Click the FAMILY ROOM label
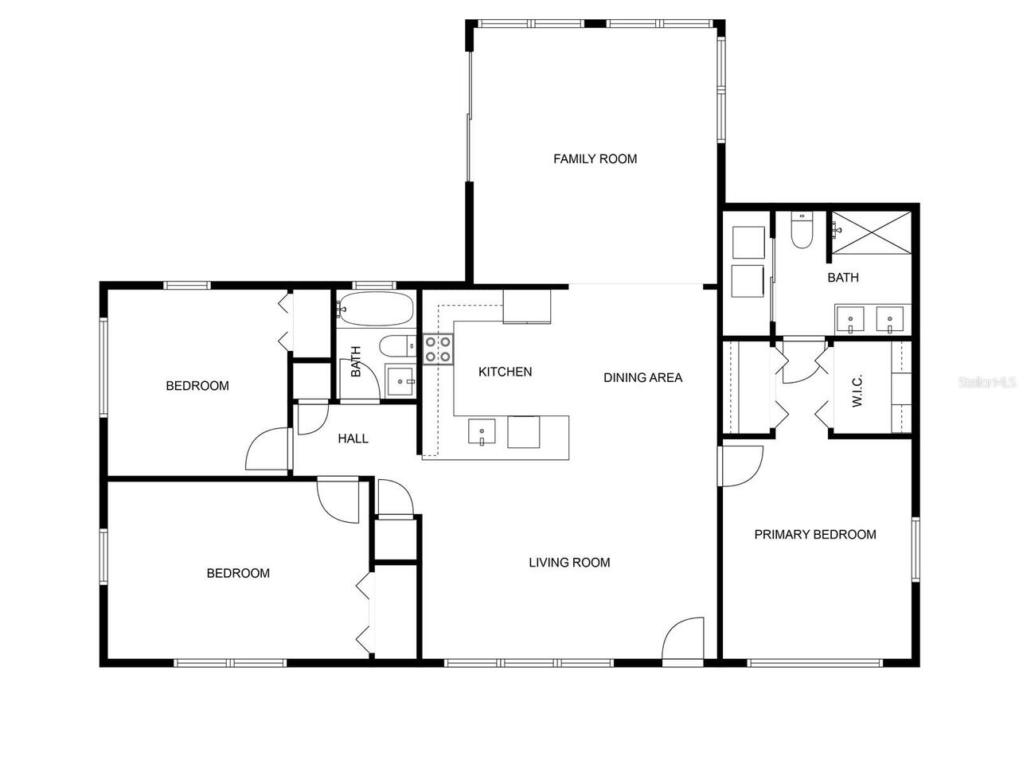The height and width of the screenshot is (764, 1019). pos(595,158)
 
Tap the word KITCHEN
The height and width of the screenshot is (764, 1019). pos(505,372)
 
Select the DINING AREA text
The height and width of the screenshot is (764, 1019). pos(642,377)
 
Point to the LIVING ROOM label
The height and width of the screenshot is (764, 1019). pos(569,563)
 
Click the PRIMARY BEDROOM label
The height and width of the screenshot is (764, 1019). pos(815,535)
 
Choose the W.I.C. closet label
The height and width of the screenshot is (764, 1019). pos(858,390)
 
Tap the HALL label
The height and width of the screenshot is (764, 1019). pos(353,439)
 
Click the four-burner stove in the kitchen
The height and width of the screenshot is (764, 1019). pos(438,349)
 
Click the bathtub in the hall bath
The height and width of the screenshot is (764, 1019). pos(375,309)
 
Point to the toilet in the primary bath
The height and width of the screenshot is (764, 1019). pos(801,231)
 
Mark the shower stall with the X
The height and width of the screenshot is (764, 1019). pos(870,232)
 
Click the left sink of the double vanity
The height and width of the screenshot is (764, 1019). pos(850,320)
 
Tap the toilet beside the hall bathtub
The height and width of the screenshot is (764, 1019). pos(396,346)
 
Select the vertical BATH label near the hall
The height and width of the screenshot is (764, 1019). pos(356,361)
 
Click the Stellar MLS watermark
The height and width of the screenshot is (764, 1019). pos(987,382)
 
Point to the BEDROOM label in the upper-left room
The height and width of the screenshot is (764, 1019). pos(197,386)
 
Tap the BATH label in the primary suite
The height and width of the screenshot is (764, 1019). pos(842,278)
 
